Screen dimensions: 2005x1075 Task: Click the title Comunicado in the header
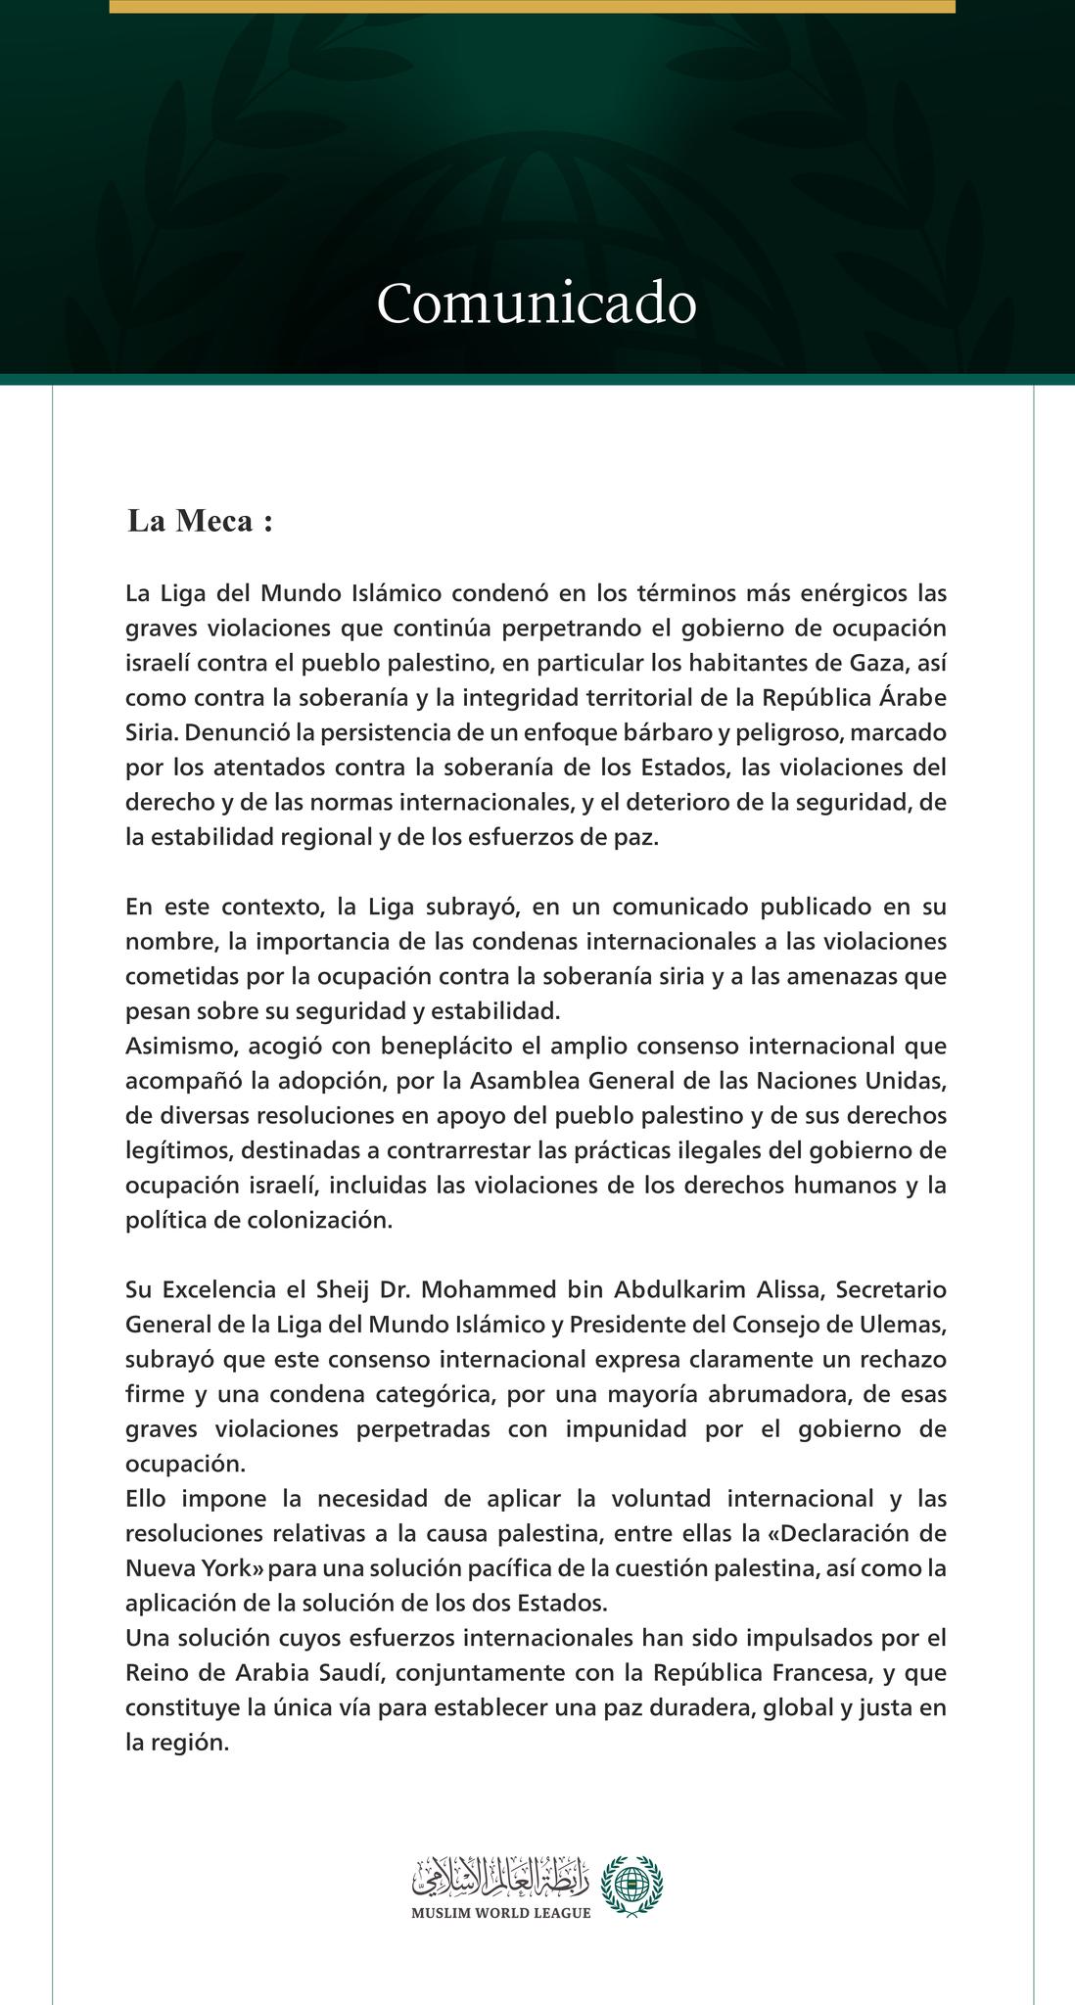click(x=537, y=303)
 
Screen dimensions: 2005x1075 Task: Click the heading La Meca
click(x=200, y=522)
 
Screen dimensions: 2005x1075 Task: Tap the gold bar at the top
click(x=532, y=6)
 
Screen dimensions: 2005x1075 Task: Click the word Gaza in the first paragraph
click(x=877, y=663)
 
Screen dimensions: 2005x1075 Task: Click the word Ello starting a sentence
click(x=148, y=1499)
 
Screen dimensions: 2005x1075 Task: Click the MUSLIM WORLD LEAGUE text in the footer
click(x=500, y=1914)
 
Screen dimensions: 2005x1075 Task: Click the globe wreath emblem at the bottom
click(x=631, y=1886)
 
